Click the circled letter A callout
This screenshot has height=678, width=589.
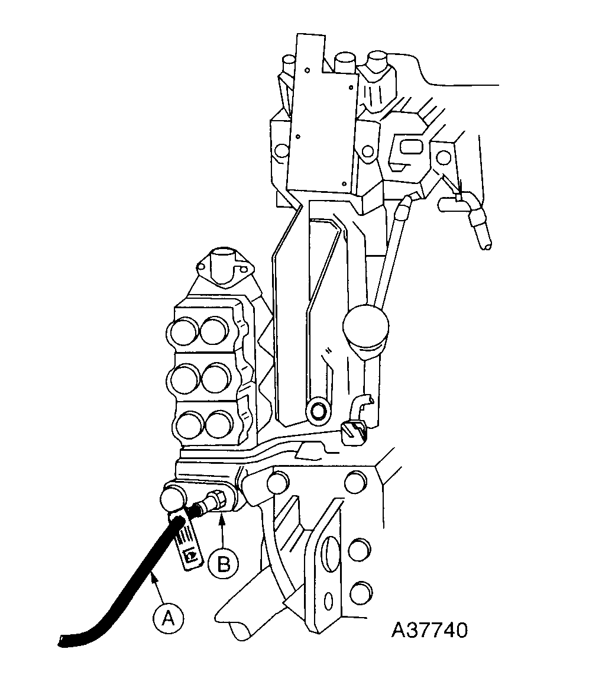point(168,619)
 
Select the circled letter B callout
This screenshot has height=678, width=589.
point(223,563)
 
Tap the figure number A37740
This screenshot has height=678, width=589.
point(430,629)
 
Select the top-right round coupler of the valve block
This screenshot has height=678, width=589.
point(214,330)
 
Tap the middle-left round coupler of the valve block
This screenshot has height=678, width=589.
point(183,377)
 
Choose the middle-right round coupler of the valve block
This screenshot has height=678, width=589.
point(216,377)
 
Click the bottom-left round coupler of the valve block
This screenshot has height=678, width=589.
point(189,424)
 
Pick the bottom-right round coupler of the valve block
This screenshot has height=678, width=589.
point(219,424)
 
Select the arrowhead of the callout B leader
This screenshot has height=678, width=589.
point(222,518)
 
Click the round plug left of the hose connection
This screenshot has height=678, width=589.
point(171,499)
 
